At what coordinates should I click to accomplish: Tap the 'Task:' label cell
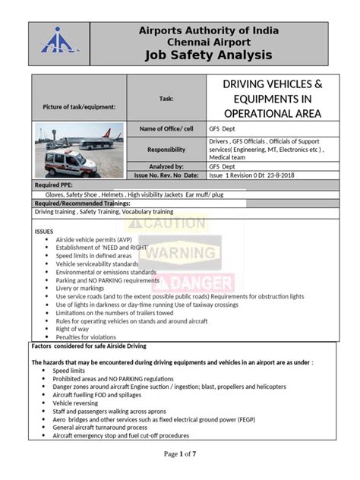coord(166,99)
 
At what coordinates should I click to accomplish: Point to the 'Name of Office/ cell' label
coord(166,129)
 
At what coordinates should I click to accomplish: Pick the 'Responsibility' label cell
coord(166,150)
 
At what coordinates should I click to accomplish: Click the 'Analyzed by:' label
coord(166,166)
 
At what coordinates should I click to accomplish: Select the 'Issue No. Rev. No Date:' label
coord(166,175)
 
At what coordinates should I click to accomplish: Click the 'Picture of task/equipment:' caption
coord(80,106)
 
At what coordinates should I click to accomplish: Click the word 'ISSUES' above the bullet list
coord(45,230)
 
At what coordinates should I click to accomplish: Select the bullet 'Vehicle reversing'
coord(79,403)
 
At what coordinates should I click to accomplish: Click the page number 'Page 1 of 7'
coord(180,454)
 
